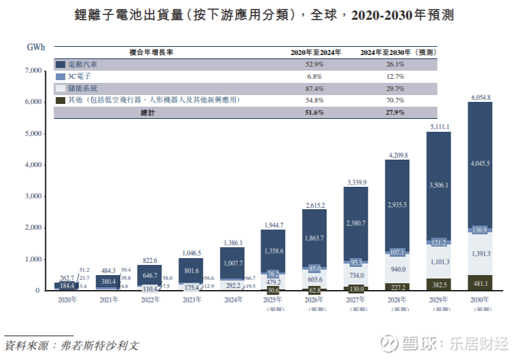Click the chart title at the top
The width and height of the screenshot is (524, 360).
(262, 16)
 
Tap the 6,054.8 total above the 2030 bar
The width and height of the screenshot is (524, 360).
(479, 98)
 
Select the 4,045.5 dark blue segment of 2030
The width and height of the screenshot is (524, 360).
(480, 164)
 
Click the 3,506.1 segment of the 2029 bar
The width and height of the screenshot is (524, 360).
(438, 185)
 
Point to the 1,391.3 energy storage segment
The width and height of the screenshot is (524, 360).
(480, 254)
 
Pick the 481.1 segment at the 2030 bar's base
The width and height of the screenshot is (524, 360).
(480, 284)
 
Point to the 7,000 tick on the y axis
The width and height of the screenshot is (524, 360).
(33, 71)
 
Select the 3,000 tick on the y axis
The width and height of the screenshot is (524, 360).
(33, 196)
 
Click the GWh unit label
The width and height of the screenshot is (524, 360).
(36, 48)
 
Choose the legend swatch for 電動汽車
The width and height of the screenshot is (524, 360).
(60, 65)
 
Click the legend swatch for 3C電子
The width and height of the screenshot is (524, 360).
(60, 77)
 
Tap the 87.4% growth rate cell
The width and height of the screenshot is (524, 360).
(315, 89)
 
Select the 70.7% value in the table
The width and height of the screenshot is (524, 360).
(396, 101)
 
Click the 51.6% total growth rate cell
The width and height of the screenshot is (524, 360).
(315, 113)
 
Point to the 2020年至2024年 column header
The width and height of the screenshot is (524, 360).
(314, 52)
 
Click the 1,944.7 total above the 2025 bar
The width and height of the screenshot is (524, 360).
(274, 225)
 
